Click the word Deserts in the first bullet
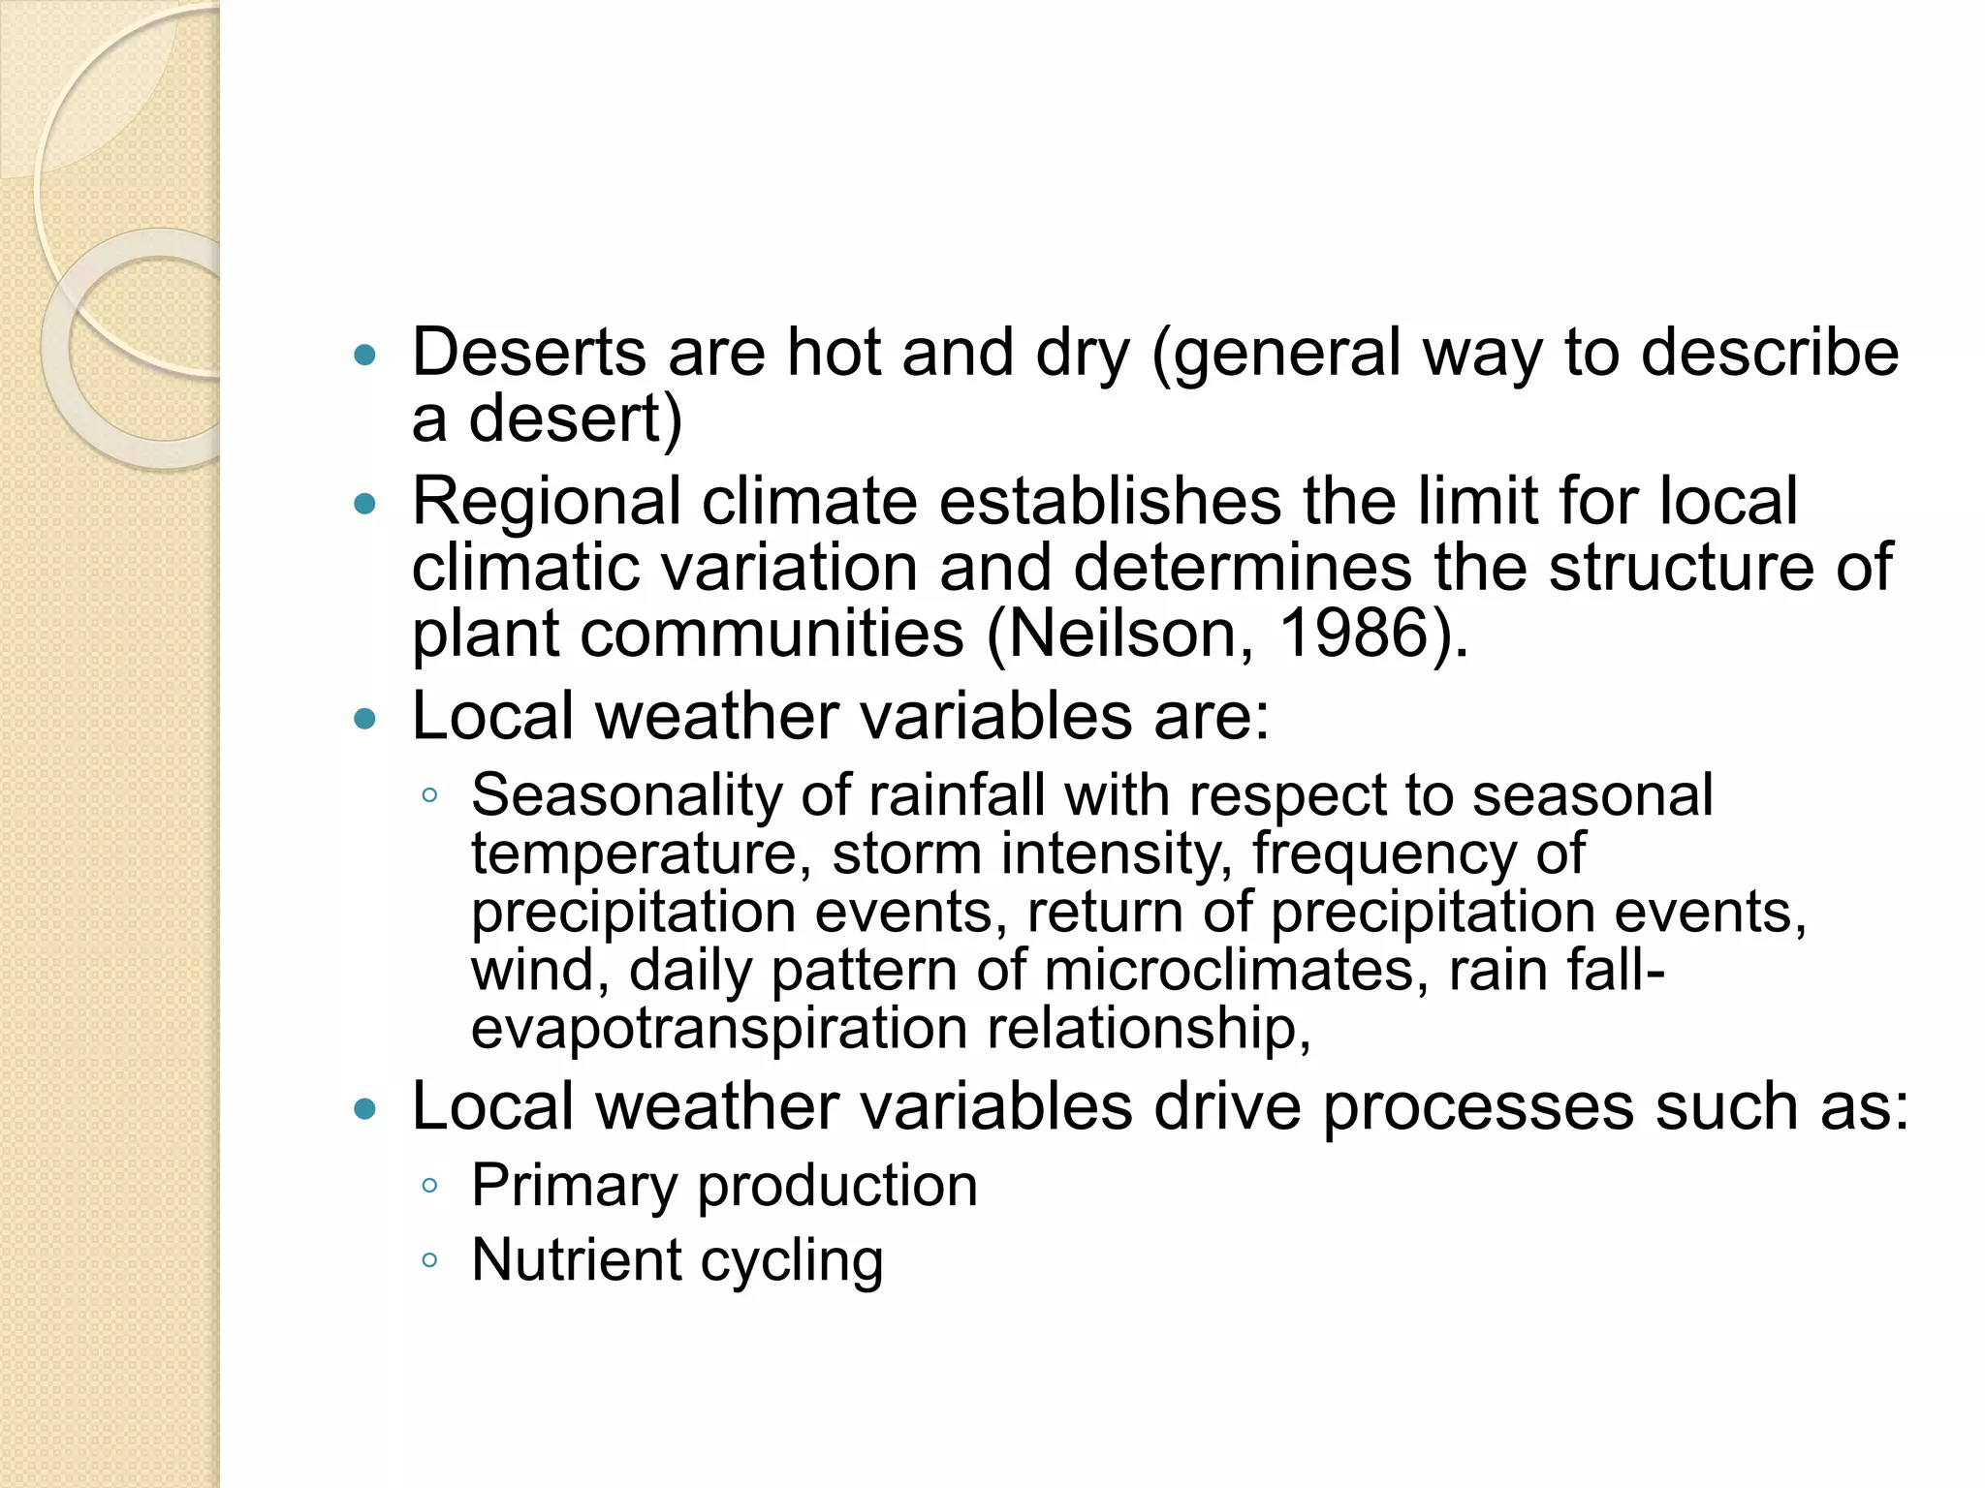(x=528, y=352)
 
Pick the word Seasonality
(x=626, y=795)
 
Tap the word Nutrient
(x=576, y=1259)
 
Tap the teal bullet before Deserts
(x=364, y=356)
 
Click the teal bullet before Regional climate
(x=364, y=505)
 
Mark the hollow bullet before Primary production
(x=430, y=1186)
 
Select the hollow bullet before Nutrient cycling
(x=430, y=1260)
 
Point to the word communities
(x=772, y=633)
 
